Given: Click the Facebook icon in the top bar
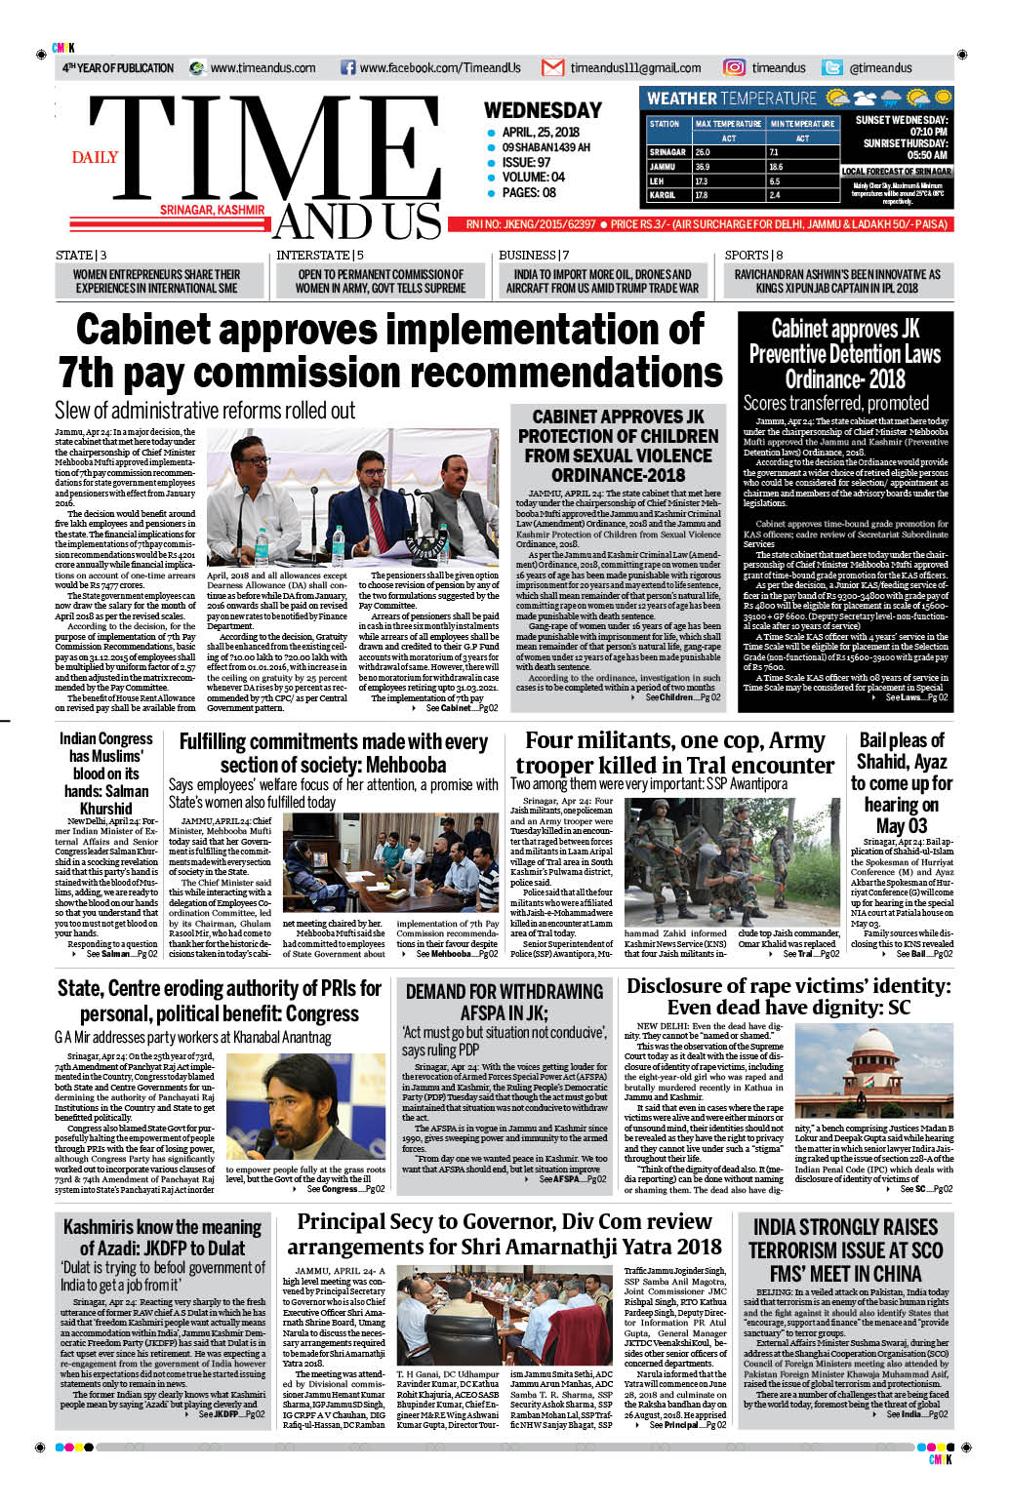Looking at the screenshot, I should tap(347, 68).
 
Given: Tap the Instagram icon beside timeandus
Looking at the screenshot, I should tap(734, 68).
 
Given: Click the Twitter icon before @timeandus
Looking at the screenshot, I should tap(832, 68).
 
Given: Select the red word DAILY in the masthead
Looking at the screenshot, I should tap(95, 157).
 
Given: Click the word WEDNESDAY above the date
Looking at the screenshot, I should tap(543, 110).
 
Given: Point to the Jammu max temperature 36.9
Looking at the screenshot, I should tap(703, 167).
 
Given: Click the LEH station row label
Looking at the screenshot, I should tap(657, 181).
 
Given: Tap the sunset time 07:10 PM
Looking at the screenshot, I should tap(928, 132).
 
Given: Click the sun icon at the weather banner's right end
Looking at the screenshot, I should tap(942, 98).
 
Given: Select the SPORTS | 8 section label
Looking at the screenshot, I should tap(753, 256).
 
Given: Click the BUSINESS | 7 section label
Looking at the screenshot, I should tap(534, 256).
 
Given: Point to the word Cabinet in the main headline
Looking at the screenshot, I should tap(161, 330).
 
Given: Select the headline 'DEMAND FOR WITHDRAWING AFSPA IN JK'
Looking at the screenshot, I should tap(504, 1002).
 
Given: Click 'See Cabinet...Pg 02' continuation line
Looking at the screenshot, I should tap(462, 708).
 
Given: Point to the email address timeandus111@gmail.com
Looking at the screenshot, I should tap(635, 68).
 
